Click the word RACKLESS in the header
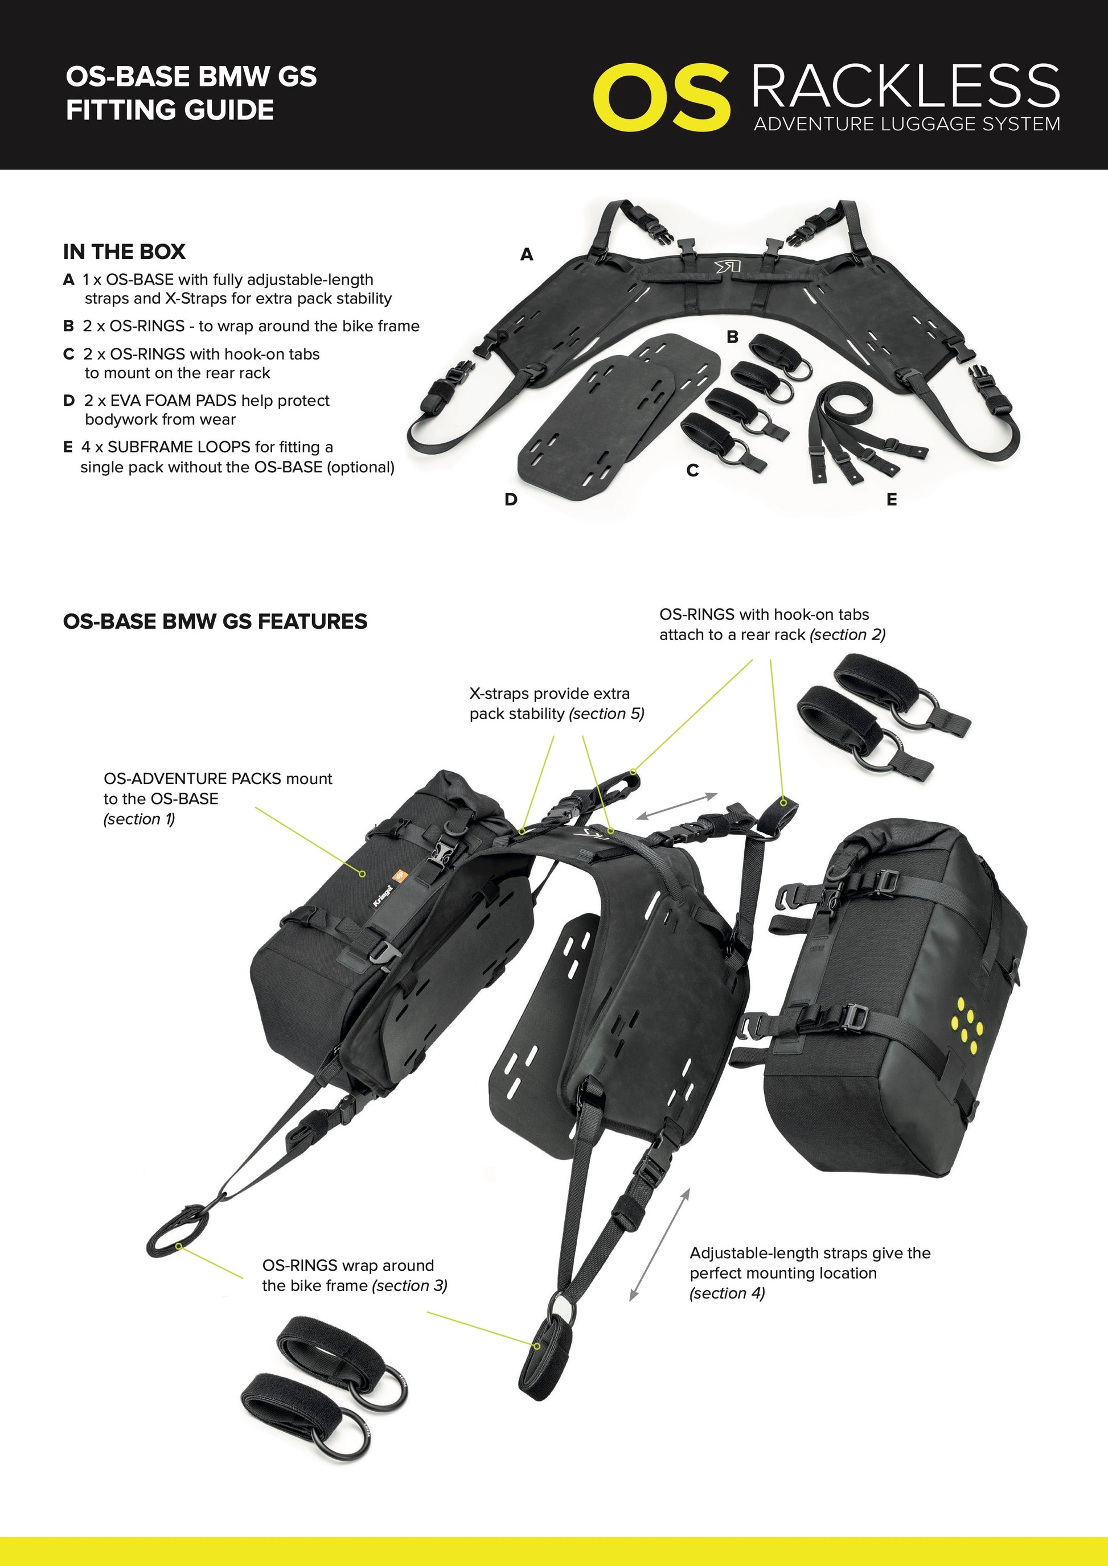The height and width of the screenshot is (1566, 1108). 906,86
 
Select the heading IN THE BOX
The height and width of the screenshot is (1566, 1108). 124,252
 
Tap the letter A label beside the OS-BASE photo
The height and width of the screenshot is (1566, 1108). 526,254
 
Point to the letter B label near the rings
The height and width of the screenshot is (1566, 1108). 733,337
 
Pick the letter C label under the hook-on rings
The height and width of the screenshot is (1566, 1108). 692,471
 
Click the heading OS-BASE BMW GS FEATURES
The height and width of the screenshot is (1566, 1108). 215,621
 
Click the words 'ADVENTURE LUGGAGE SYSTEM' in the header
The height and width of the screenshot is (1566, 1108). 907,124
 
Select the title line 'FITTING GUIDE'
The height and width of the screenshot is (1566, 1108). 170,110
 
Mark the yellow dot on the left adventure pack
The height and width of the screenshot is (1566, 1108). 363,873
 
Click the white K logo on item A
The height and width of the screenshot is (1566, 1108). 727,266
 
